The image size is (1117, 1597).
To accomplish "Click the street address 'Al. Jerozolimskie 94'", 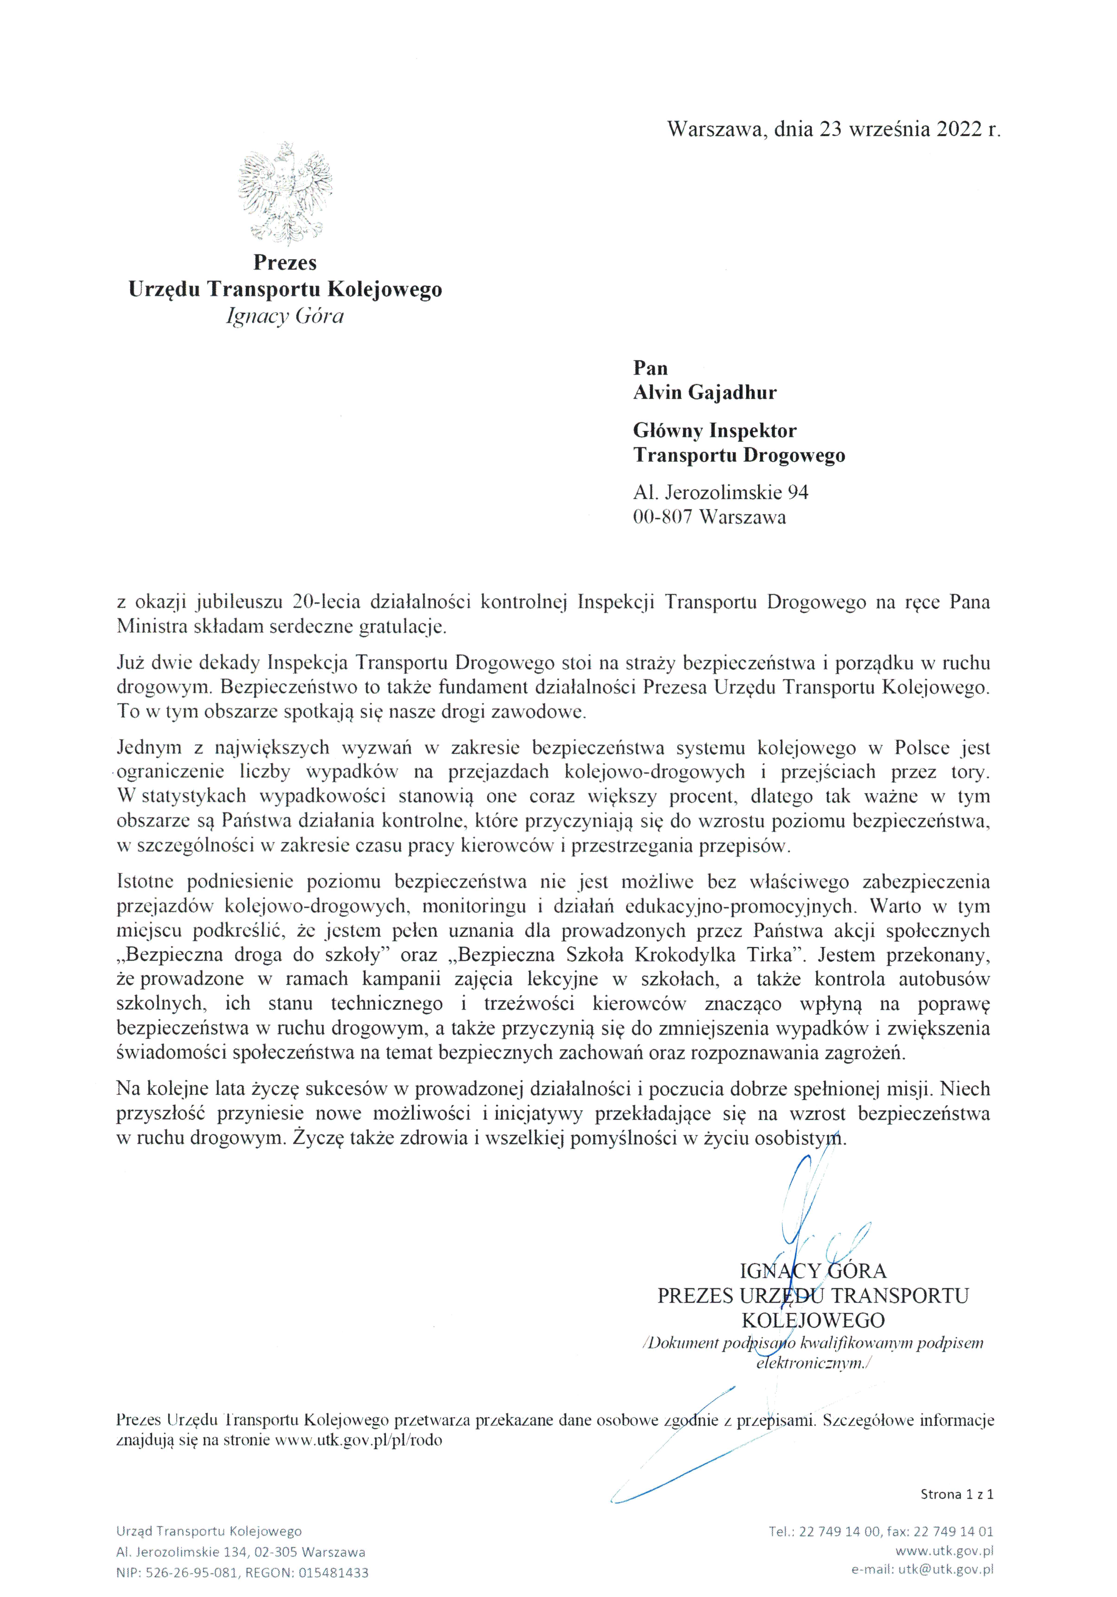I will click(x=721, y=493).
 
